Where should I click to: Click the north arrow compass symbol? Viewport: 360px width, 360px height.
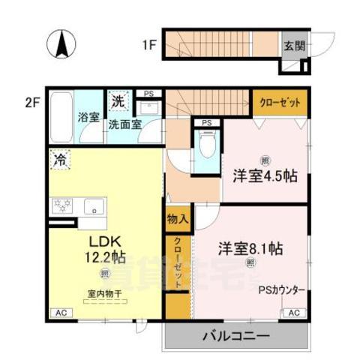tap(61, 44)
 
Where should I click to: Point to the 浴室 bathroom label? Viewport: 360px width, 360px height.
tap(89, 117)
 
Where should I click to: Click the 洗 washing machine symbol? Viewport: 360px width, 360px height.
tap(118, 100)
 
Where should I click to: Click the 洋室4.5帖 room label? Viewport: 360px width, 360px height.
tap(264, 175)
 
